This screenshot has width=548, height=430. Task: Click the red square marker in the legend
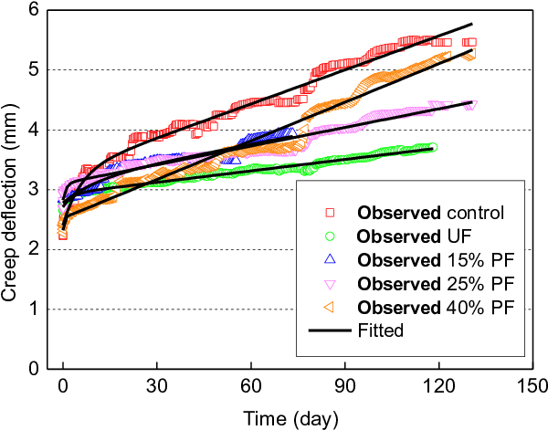330,213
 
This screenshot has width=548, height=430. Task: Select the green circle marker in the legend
330,236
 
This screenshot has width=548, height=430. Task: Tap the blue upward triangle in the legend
330,259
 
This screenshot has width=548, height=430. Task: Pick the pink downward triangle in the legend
330,283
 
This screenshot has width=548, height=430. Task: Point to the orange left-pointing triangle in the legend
330,307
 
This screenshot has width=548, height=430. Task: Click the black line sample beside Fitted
330,330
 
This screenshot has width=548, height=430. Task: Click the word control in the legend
475,213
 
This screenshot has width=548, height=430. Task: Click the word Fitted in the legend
381,330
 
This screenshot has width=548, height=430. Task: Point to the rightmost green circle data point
433,147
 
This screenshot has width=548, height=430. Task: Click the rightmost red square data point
469,42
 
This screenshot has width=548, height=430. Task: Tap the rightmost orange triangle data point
469,56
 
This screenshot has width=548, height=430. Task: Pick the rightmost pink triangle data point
471,106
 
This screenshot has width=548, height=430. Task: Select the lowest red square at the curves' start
62,236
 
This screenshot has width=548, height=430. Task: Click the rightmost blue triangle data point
292,132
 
